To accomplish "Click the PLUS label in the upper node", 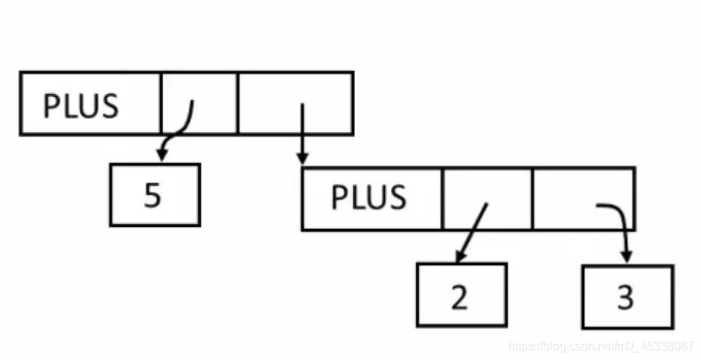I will (x=81, y=106).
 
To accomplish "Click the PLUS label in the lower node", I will (x=368, y=198).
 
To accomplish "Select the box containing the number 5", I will (x=154, y=195).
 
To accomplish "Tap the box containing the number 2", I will (x=461, y=295).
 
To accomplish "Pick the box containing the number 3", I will (x=628, y=296).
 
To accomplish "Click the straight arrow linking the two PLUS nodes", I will (x=302, y=135).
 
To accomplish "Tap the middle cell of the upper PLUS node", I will (x=199, y=103).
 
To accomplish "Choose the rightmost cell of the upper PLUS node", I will (x=295, y=103).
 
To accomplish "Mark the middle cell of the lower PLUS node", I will (x=488, y=198).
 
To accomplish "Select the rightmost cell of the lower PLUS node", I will (x=583, y=198).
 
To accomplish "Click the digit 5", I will (x=153, y=195).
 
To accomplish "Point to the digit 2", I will (x=460, y=297).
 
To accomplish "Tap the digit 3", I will (x=626, y=297).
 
